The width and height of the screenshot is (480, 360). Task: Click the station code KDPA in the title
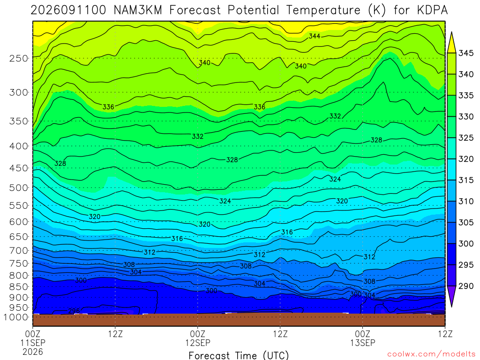pos(432,10)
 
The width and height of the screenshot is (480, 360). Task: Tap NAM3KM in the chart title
pos(137,10)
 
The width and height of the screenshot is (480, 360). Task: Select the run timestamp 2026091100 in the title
pos(68,10)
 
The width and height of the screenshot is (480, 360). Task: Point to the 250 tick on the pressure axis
pos(18,58)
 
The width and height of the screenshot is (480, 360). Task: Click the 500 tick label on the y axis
pos(18,187)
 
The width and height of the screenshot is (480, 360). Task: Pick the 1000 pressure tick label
pos(15,317)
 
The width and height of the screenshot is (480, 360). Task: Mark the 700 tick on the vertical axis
pos(18,250)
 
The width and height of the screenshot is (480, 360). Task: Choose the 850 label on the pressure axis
pos(18,287)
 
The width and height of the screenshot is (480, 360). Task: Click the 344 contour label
pos(315,36)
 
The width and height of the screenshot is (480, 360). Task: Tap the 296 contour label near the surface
pos(74,311)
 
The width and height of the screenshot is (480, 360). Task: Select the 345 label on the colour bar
pos(466,53)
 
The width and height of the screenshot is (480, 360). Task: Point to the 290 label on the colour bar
pos(466,286)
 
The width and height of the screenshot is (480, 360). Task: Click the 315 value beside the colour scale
pos(466,180)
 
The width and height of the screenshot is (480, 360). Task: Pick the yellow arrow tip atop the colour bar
pos(451,32)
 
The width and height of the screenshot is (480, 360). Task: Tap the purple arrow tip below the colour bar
pos(451,306)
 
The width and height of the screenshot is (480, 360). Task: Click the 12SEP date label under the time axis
pos(198,343)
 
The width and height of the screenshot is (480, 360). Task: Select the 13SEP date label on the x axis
pos(363,343)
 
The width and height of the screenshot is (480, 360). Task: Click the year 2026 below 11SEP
pos(33,352)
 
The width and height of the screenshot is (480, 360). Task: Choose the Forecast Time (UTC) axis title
pos(239,355)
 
